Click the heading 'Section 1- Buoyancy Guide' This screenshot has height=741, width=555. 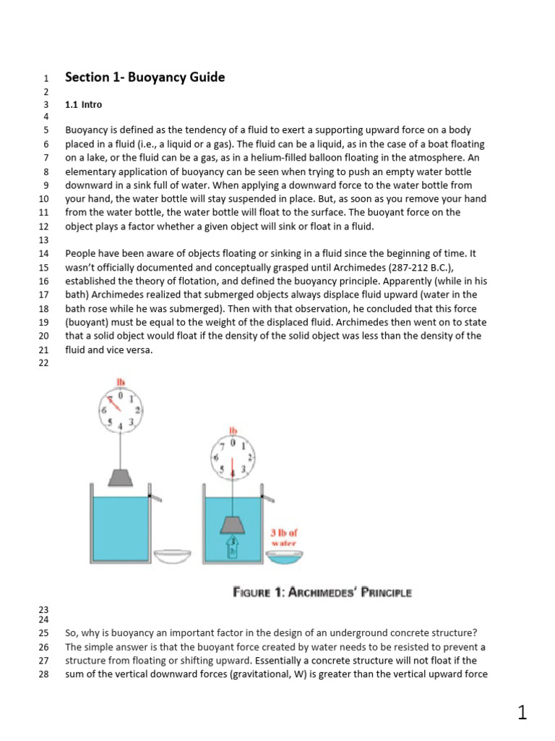(x=145, y=77)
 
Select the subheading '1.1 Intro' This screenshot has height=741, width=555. (x=84, y=104)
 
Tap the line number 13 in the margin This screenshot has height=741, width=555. (x=43, y=240)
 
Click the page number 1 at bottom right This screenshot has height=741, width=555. (x=522, y=713)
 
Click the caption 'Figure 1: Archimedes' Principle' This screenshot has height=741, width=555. (x=322, y=593)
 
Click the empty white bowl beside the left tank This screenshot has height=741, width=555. (x=174, y=555)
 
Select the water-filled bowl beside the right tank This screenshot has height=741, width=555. (x=284, y=556)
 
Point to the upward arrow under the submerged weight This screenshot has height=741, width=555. (x=233, y=547)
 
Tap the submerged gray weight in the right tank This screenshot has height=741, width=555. (x=233, y=525)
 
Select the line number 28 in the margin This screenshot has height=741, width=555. (x=43, y=674)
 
